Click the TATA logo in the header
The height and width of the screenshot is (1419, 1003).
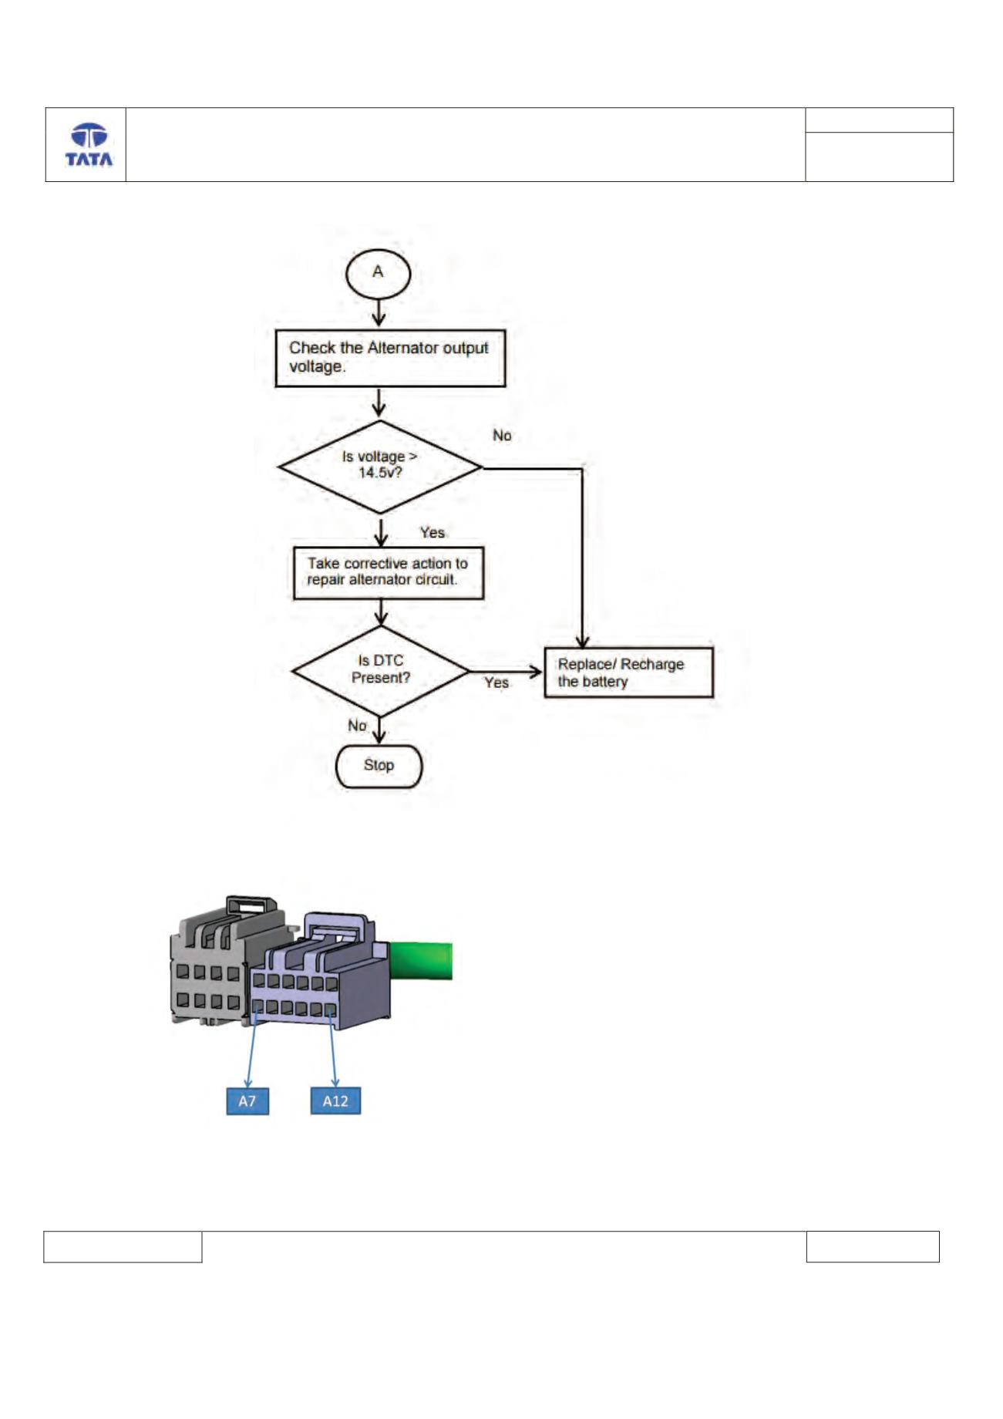coord(89,145)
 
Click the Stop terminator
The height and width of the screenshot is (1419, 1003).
coord(379,766)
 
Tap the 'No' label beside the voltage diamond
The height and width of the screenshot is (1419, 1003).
coord(502,436)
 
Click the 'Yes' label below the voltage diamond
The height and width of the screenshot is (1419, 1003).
coord(433,533)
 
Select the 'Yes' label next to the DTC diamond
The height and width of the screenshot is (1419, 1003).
coord(496,683)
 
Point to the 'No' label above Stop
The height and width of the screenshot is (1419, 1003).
coord(357,726)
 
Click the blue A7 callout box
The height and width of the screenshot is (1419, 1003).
coord(247,1101)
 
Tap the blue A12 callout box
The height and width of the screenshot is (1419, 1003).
coord(335,1101)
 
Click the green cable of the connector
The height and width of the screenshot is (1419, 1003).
coord(421,961)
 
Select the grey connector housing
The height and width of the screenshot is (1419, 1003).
coord(212,964)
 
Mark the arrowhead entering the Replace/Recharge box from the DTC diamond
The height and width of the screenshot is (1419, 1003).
coord(536,672)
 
